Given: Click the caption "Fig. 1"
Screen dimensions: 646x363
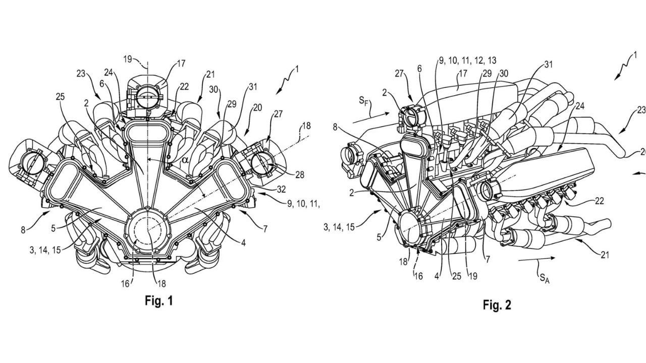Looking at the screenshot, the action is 158,301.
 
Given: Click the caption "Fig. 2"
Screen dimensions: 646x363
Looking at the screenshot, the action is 497,305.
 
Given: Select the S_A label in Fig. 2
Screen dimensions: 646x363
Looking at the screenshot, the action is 543,279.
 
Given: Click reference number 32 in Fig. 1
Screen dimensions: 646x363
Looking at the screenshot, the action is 281,189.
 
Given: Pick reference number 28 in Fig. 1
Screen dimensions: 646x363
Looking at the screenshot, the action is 300,174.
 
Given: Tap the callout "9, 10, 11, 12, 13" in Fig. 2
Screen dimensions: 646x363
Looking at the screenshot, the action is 467,60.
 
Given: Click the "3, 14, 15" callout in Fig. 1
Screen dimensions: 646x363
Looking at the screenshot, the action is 45,250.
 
